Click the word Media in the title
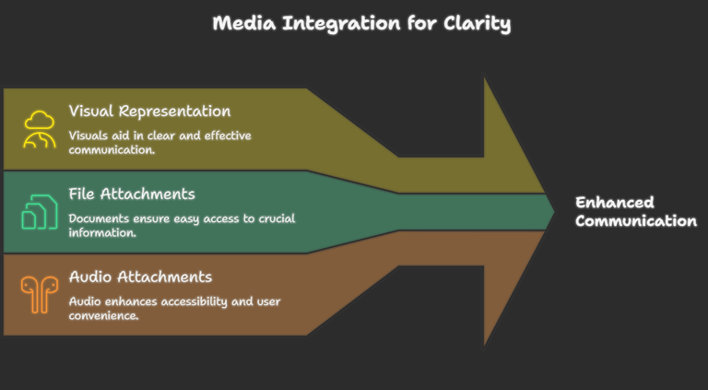tap(243, 23)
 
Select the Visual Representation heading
tap(149, 112)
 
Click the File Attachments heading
tap(132, 195)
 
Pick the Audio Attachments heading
tap(140, 277)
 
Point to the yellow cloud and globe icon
tap(40, 129)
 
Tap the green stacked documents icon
tap(40, 211)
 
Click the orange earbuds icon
tap(40, 294)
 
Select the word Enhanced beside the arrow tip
tap(615, 202)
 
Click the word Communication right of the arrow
tap(636, 221)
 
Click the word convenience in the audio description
tap(103, 315)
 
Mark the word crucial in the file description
tap(277, 219)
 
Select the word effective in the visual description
tap(228, 136)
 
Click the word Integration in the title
tap(341, 24)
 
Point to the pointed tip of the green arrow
tap(554, 212)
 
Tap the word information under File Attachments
tap(102, 233)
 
